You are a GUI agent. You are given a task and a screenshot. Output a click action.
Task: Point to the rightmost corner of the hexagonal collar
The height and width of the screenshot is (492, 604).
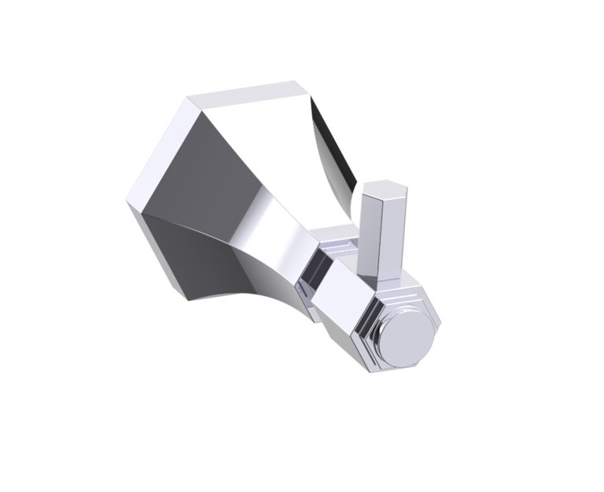pyautogui.click(x=440, y=323)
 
